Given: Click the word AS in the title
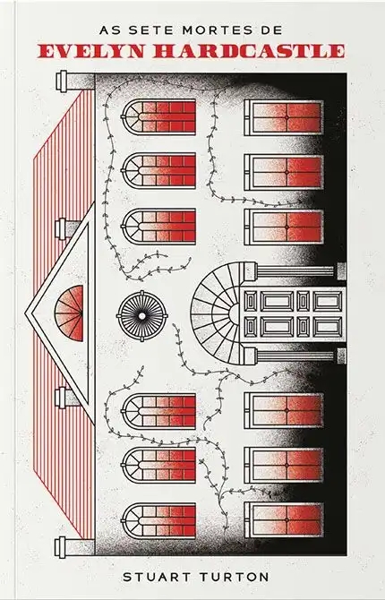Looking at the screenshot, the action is (x=108, y=30).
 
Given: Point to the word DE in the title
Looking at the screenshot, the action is (x=273, y=30).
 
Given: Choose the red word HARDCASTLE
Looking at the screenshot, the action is (x=249, y=51).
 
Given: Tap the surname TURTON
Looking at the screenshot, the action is (x=232, y=577).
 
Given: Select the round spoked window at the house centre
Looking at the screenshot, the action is (x=142, y=316).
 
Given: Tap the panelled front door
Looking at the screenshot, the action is (x=294, y=313).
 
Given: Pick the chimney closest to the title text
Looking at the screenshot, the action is (x=75, y=81).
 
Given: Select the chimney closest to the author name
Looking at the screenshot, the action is (x=75, y=546).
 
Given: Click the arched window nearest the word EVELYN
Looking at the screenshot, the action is (x=158, y=117).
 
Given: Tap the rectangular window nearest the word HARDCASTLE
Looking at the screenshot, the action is (x=284, y=117).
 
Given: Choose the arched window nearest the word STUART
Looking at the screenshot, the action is (x=158, y=520).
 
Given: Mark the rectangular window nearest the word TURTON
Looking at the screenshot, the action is (x=284, y=520).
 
